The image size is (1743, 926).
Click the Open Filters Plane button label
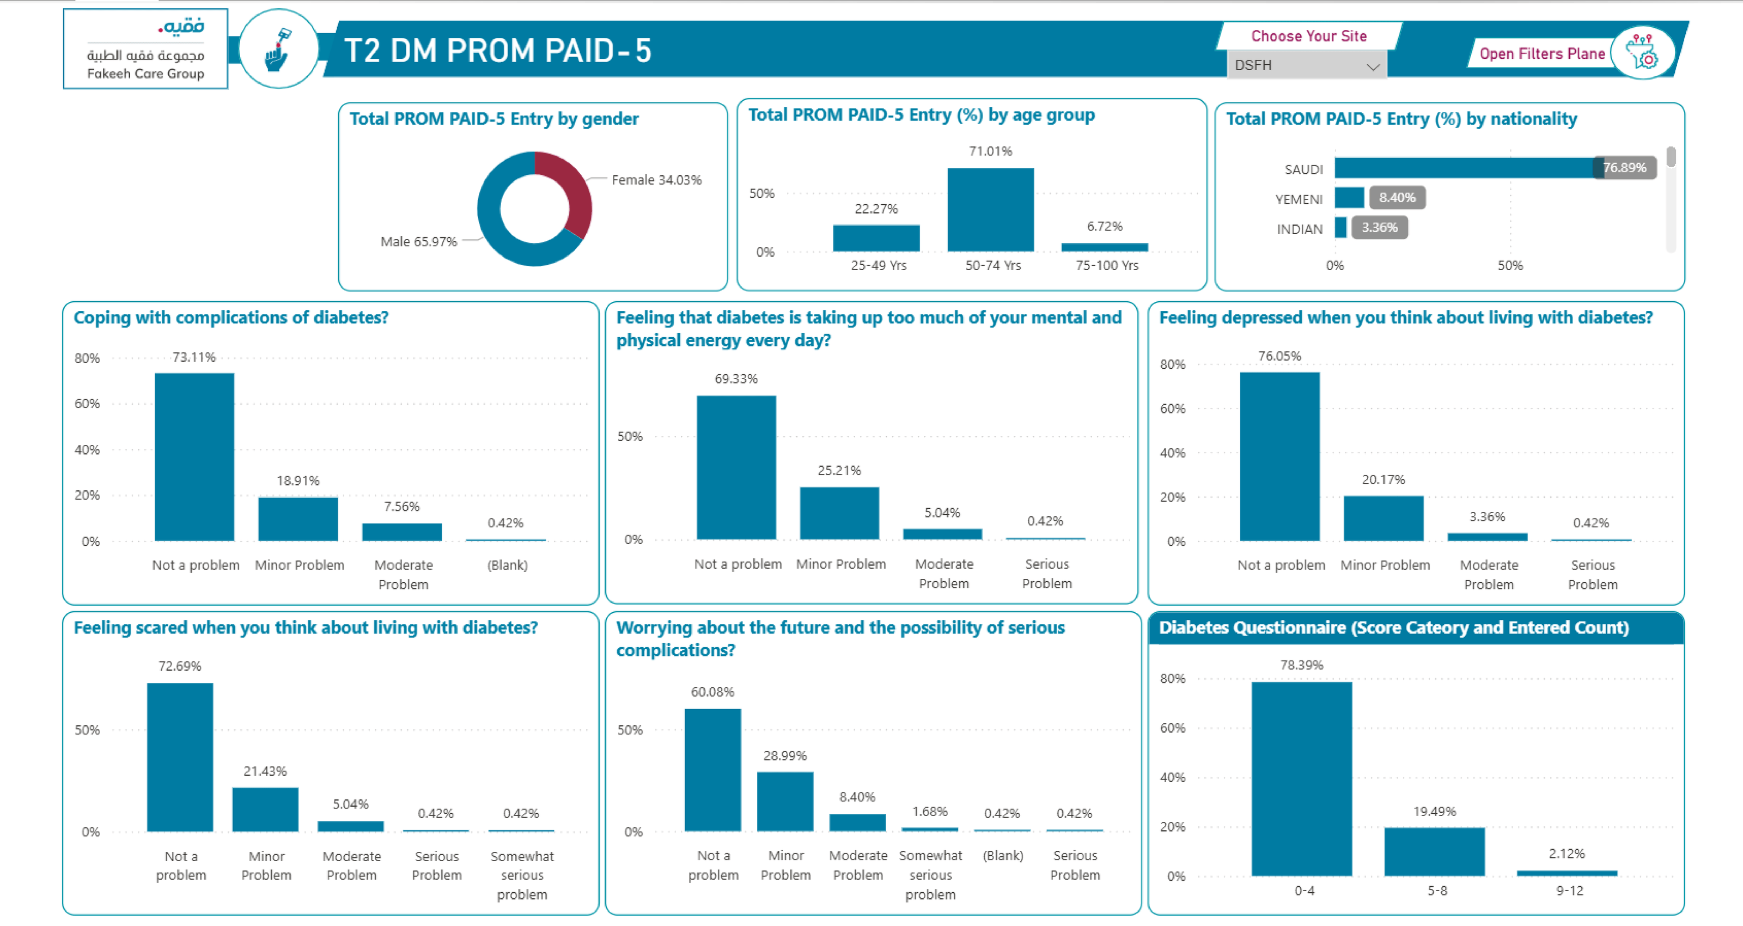[1542, 53]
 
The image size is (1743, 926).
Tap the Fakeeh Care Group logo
[145, 48]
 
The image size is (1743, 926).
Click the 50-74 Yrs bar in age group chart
[991, 210]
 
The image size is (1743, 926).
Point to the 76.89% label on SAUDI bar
[1625, 168]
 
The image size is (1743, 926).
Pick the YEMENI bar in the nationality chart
[1349, 198]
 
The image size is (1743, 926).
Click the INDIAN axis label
[1299, 229]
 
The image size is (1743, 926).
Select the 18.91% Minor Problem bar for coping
[298, 519]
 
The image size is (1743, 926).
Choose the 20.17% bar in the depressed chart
[1384, 519]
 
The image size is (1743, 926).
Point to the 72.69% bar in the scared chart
[180, 758]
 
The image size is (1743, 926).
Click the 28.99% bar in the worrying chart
[785, 801]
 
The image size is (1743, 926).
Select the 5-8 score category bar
[1435, 851]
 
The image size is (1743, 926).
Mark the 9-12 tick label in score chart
[1570, 891]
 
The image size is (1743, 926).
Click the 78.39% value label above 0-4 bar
[1302, 666]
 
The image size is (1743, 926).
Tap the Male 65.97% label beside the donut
[419, 242]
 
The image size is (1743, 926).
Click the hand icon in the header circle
[277, 50]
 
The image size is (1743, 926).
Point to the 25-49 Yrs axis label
[878, 265]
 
